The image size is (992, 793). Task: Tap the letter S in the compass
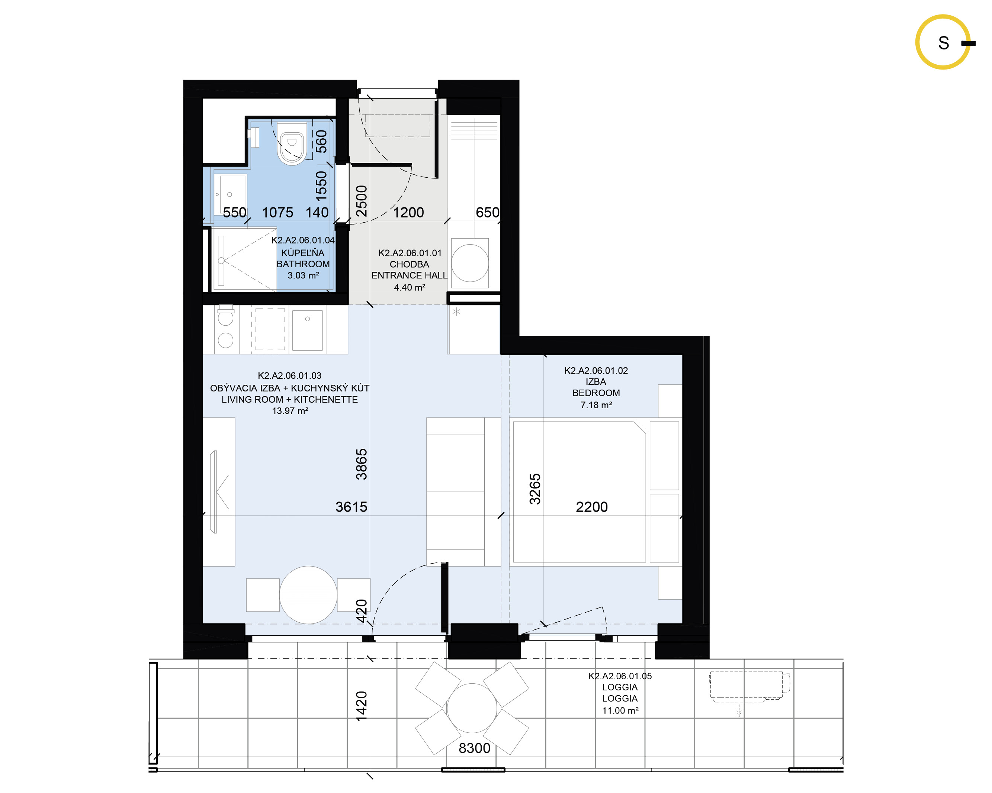[x=944, y=43]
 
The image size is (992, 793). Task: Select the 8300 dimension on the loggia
[x=474, y=748]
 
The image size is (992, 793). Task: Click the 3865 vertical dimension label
[x=362, y=465]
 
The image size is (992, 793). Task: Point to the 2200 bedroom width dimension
[x=592, y=507]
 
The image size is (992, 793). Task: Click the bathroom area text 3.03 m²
[x=303, y=275]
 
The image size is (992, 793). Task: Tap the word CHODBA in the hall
[x=410, y=264]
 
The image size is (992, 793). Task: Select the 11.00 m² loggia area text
[x=620, y=711]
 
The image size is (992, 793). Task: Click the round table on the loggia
[x=472, y=708]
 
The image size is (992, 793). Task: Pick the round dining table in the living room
[x=308, y=595]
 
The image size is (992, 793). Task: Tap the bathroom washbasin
[x=230, y=194]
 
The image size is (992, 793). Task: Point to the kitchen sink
[x=307, y=330]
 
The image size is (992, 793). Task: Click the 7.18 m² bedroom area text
[x=596, y=405]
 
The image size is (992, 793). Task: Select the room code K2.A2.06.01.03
[x=290, y=376]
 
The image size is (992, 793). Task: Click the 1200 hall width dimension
[x=408, y=213]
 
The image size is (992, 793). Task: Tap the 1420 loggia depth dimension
[x=362, y=706]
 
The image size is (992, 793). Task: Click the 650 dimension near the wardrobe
[x=488, y=213]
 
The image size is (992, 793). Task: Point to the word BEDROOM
[x=596, y=393]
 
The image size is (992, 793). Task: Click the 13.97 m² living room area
[x=290, y=411]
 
